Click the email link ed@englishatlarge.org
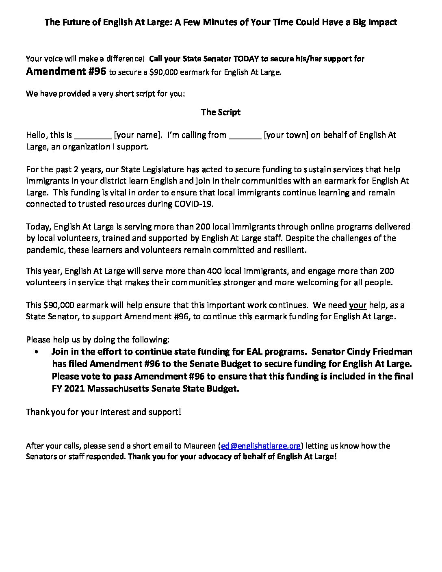[x=260, y=446]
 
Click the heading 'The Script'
[x=221, y=112]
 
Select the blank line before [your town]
[x=245, y=136]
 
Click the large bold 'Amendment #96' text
[x=66, y=71]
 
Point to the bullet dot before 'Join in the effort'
[x=37, y=352]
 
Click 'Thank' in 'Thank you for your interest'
[x=37, y=412]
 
